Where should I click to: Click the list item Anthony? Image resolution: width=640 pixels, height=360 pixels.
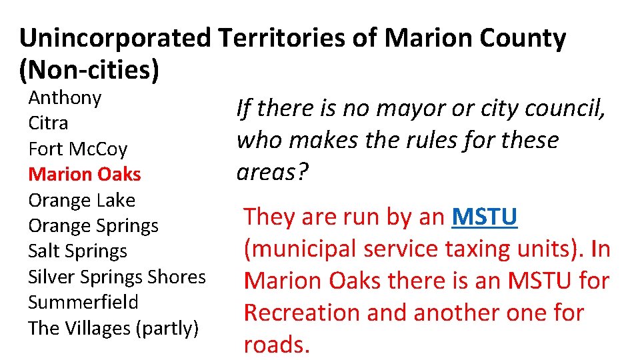tap(65, 98)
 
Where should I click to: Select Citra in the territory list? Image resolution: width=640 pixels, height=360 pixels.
tap(48, 123)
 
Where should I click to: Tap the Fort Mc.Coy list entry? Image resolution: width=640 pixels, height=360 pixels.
tap(77, 149)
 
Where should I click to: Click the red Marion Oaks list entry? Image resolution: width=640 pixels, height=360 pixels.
tap(85, 174)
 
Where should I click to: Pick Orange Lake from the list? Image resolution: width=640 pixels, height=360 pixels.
tap(81, 200)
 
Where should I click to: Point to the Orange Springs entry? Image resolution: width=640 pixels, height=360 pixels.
tap(93, 226)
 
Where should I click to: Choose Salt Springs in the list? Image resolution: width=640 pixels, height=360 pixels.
tap(77, 251)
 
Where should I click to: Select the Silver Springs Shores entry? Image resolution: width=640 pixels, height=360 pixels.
tap(117, 277)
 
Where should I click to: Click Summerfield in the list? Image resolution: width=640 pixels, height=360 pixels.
tap(83, 302)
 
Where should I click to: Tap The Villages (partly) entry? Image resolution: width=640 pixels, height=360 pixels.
tap(113, 328)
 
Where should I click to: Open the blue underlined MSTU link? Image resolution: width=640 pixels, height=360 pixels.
tap(485, 217)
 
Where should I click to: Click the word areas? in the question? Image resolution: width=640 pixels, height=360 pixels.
tap(273, 172)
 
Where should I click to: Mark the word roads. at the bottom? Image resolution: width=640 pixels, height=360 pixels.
tap(277, 345)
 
